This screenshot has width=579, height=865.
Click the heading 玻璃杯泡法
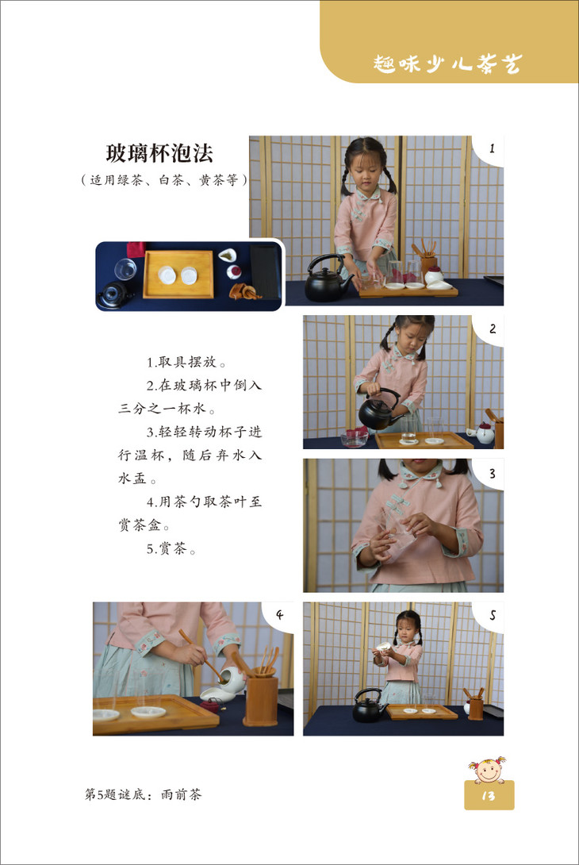[x=159, y=153]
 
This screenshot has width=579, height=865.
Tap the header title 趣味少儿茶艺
[x=447, y=63]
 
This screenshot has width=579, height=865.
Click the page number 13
[x=489, y=795]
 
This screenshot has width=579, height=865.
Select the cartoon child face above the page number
[x=488, y=770]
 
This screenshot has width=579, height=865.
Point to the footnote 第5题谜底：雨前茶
[x=144, y=794]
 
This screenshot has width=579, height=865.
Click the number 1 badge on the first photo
[x=492, y=148]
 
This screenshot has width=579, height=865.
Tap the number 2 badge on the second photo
[x=493, y=329]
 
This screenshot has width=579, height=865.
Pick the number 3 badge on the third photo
[x=493, y=473]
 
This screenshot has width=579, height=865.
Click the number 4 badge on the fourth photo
[x=279, y=614]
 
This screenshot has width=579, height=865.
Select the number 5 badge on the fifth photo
[x=493, y=615]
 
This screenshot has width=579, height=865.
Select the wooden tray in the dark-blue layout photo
[x=178, y=274]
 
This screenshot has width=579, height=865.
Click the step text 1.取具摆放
[x=186, y=362]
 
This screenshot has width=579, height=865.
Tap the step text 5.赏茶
[x=171, y=549]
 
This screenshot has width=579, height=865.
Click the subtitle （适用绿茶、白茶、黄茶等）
[x=164, y=180]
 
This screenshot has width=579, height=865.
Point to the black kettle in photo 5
[x=369, y=705]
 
